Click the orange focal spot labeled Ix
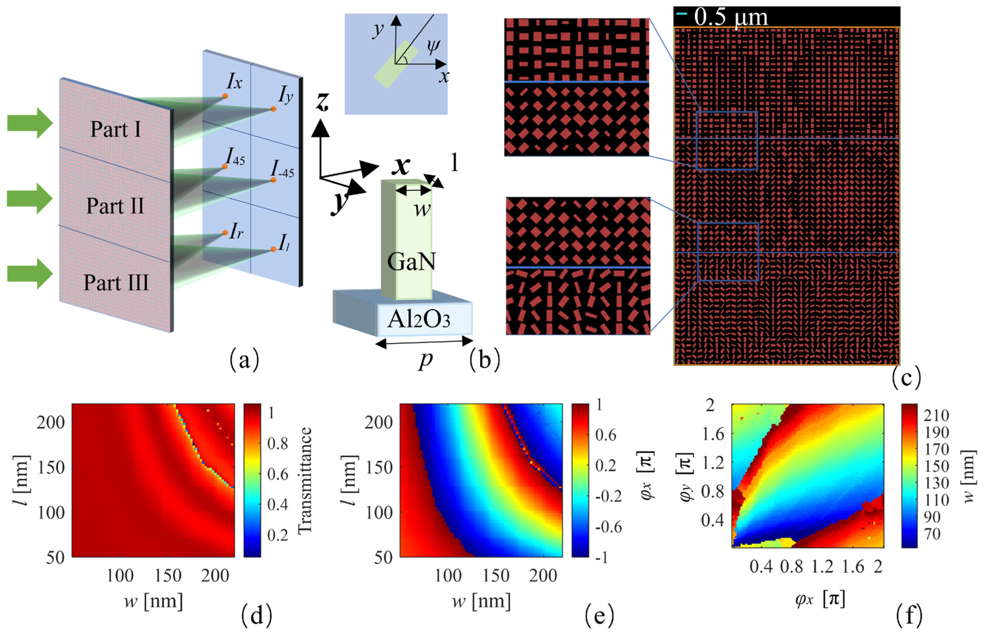coord(225,96)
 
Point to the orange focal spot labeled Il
coord(273,249)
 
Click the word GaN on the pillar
coord(411,262)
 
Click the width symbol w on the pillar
coord(422,209)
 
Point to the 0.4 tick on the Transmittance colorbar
coord(277,504)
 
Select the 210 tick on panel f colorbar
coord(936,415)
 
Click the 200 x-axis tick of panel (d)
coord(215,575)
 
